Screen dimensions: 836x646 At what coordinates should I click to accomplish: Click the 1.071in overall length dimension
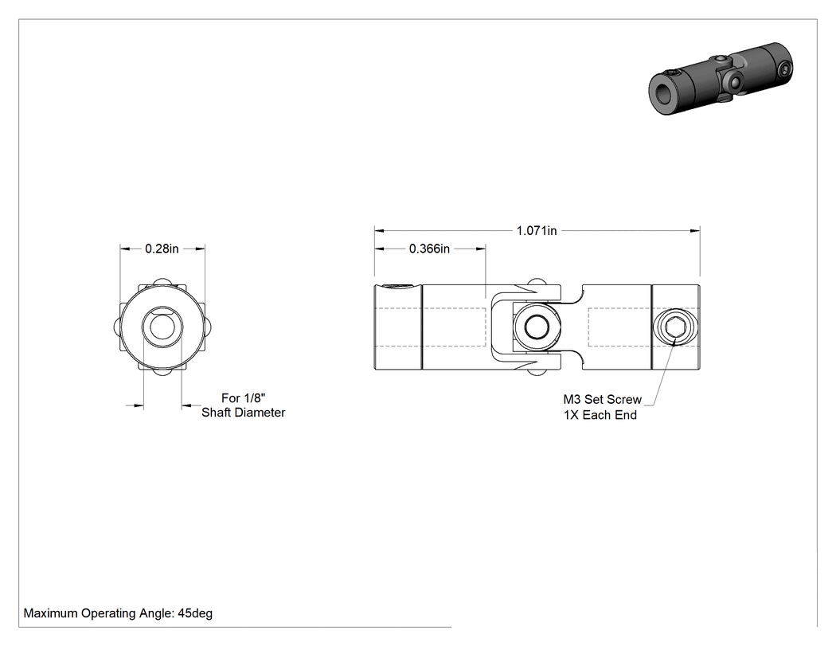[537, 230]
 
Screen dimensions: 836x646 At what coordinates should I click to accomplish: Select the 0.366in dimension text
[429, 249]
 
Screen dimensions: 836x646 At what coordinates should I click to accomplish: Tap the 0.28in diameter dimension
[162, 249]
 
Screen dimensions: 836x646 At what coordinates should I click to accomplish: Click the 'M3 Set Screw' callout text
[603, 400]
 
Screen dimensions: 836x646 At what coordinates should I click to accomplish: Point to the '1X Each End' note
[600, 415]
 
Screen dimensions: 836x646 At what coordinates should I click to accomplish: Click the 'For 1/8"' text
[243, 398]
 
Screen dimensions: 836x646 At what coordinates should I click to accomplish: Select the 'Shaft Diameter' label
[243, 413]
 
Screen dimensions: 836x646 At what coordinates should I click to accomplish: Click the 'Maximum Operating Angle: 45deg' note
[118, 613]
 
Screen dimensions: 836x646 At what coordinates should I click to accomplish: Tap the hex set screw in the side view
[675, 327]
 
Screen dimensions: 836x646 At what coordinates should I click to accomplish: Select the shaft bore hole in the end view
[162, 327]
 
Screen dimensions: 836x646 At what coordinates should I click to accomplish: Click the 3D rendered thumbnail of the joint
[721, 78]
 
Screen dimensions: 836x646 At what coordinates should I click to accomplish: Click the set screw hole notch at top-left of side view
[399, 288]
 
